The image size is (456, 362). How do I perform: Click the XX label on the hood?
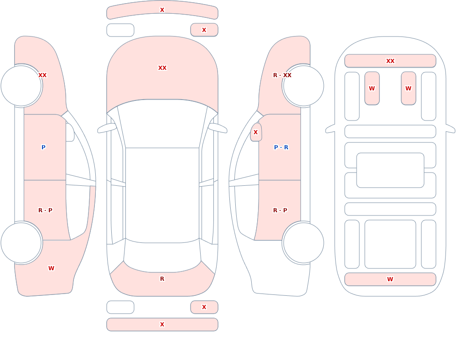point(162,68)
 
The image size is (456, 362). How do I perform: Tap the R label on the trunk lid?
point(162,279)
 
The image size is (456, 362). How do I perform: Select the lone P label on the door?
point(43,147)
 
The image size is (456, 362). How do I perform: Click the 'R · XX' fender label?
point(282,75)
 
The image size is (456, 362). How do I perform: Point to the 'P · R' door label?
point(281,147)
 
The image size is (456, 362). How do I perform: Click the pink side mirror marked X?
point(256,132)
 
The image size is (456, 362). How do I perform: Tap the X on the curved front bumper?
point(162,10)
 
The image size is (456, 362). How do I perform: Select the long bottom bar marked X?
point(162,325)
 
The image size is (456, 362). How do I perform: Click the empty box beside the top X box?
point(120,30)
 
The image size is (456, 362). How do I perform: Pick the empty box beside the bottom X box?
point(120,307)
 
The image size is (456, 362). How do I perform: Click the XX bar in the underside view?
point(390,61)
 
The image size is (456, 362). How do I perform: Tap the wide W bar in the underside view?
point(390,279)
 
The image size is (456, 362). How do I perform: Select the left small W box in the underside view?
point(372,88)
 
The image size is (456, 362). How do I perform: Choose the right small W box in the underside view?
point(409,88)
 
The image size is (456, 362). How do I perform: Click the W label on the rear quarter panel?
point(51,268)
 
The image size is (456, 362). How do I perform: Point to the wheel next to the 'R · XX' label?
point(304,86)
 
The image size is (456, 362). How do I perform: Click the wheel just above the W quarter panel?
point(21,242)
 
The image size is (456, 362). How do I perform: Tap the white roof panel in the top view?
point(162,195)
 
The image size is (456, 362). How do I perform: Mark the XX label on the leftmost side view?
point(42,75)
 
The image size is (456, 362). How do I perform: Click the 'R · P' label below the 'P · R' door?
point(280,210)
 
